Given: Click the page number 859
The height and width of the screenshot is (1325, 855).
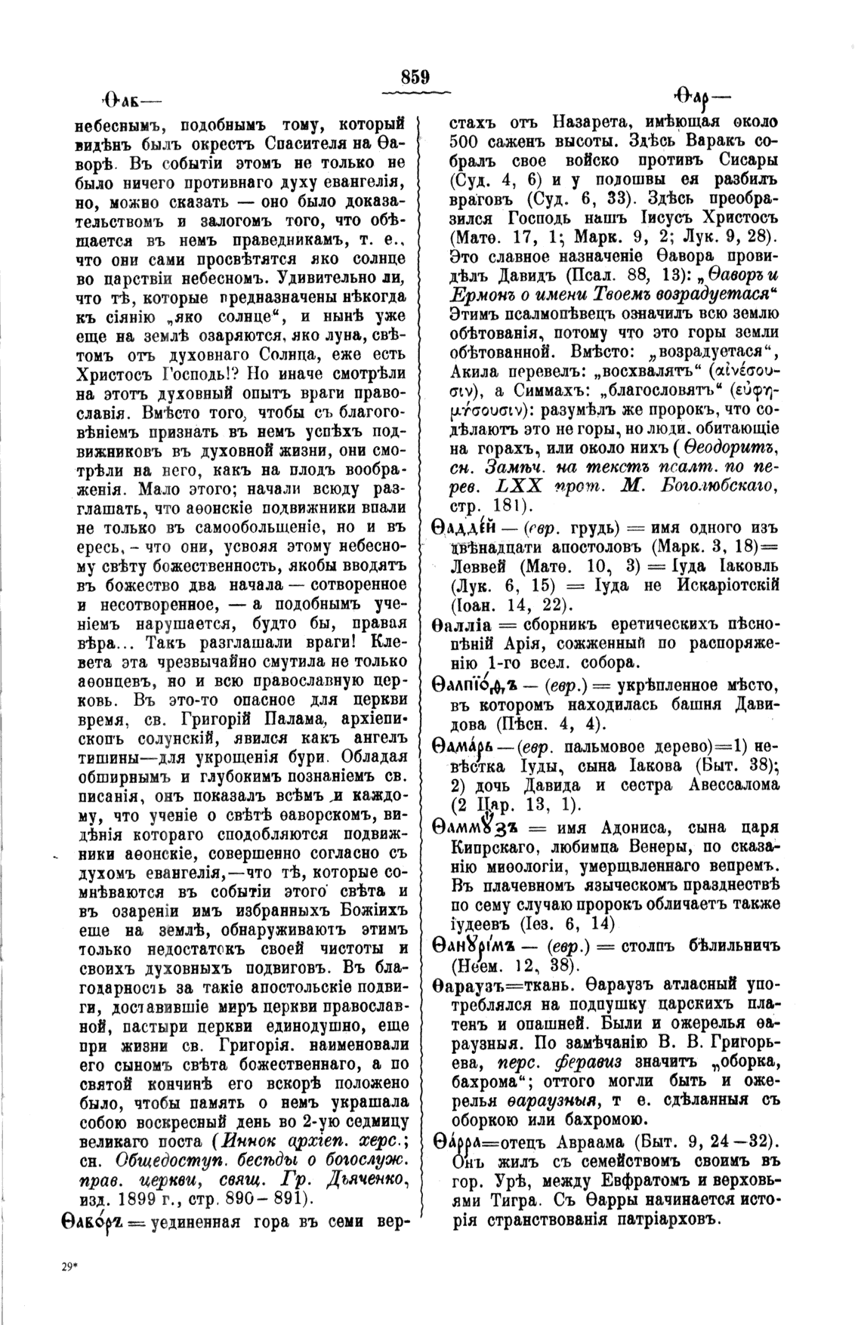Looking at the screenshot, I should [415, 77].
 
